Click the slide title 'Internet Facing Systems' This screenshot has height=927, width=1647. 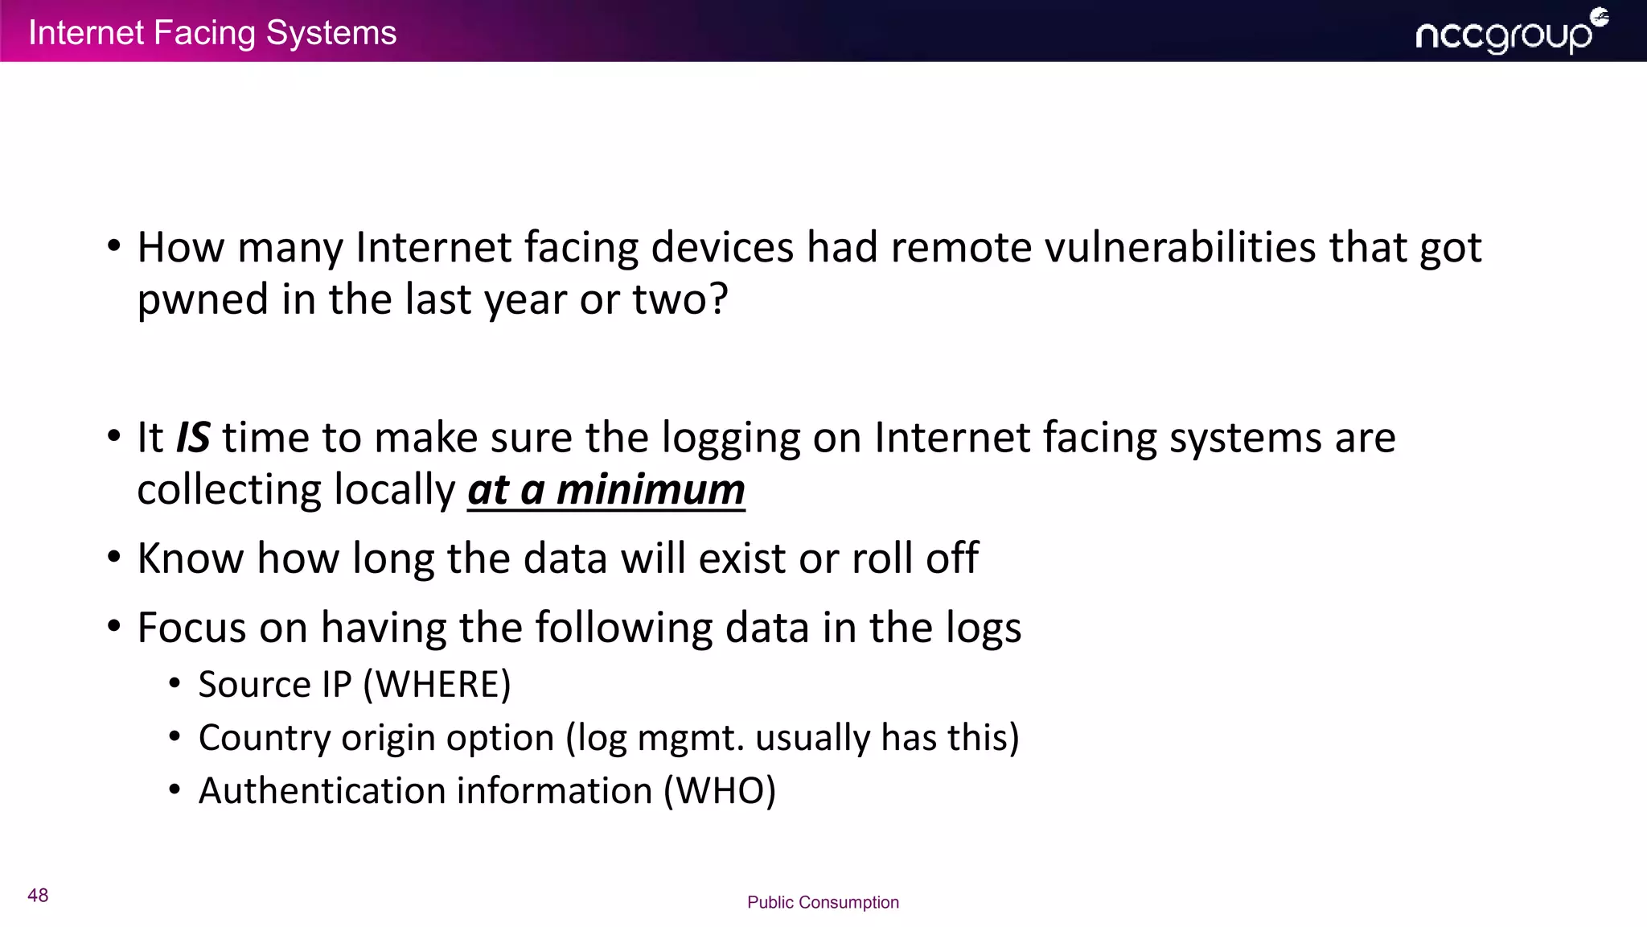point(212,33)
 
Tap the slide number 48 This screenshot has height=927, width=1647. point(38,896)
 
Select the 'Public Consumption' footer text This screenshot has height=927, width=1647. point(823,902)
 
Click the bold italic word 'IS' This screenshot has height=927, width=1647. point(193,438)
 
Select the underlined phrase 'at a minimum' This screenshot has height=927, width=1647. point(606,490)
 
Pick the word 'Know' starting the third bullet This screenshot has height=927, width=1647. point(190,558)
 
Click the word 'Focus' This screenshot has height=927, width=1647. point(191,628)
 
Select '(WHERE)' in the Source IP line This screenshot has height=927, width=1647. point(437,685)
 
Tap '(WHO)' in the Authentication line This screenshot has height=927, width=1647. point(720,791)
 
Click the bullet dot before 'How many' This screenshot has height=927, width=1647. point(114,245)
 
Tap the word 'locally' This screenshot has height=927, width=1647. point(394,490)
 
